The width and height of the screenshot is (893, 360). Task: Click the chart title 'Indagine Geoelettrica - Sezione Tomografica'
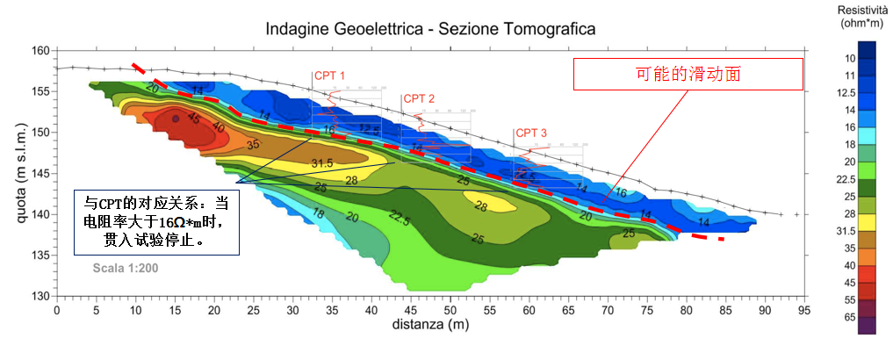431,29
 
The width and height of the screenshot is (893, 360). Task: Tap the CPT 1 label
329,76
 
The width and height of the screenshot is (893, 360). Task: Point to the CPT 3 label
531,133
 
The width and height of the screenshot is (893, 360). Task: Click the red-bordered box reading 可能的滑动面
688,74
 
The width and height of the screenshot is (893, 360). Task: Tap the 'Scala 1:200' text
126,268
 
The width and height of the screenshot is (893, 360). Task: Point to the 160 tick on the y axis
39,51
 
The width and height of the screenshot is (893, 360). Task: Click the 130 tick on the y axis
39,296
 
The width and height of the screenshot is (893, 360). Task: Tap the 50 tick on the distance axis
450,310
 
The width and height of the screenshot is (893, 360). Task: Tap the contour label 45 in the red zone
193,119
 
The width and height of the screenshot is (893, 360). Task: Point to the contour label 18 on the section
319,214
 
